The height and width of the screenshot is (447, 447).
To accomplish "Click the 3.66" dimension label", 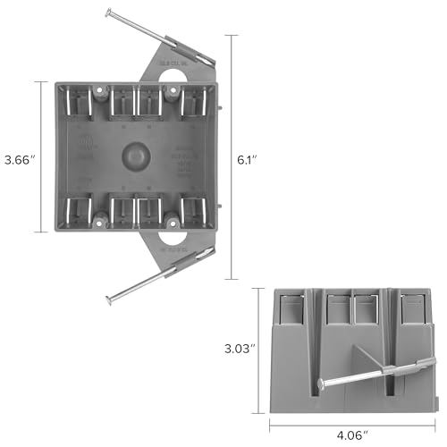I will coord(20,160).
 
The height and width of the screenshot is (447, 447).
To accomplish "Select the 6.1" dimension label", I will coord(248,160).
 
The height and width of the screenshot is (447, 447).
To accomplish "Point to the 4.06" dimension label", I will coord(352,435).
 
